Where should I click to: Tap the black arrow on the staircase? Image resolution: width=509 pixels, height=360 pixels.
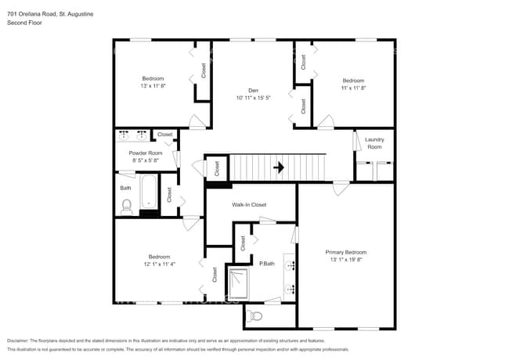(x=278, y=167)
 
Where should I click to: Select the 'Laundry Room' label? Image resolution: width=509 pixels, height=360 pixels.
(x=374, y=143)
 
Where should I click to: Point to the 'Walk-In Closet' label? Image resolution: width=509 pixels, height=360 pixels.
(x=249, y=204)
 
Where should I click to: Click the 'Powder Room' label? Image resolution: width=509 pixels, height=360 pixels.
(x=146, y=153)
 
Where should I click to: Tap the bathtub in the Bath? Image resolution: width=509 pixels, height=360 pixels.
(x=149, y=194)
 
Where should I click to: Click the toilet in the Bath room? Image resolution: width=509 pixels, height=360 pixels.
(x=127, y=206)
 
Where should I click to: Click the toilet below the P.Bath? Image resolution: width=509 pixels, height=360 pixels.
(x=254, y=316)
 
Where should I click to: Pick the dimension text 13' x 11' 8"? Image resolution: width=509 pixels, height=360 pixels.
(x=153, y=87)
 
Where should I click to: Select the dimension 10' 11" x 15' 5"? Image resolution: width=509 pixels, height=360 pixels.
(x=253, y=99)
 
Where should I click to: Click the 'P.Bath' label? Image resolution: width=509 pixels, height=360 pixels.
(x=266, y=263)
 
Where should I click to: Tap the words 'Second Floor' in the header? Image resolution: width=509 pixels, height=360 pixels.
(x=24, y=23)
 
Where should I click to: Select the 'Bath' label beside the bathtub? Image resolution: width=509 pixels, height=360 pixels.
(x=125, y=188)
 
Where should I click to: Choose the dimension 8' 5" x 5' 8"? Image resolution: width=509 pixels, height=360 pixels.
(x=146, y=160)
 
